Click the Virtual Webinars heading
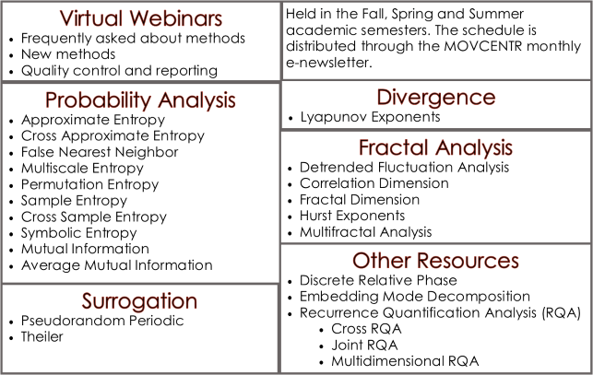(x=141, y=18)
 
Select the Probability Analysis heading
(x=140, y=100)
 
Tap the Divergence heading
(x=436, y=97)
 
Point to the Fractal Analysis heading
(x=435, y=147)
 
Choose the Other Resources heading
(x=435, y=261)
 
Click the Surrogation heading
(x=139, y=301)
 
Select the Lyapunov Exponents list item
(x=370, y=117)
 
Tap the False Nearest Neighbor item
(x=100, y=152)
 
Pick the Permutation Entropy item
(x=89, y=184)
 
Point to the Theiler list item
(x=42, y=336)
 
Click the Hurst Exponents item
(x=352, y=216)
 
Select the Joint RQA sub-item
(x=364, y=346)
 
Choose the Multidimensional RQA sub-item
(x=405, y=361)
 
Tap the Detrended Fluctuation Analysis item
(x=404, y=167)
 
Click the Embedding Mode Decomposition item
(x=415, y=297)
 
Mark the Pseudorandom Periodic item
(x=102, y=321)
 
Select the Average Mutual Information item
(x=117, y=265)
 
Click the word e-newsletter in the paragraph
(x=329, y=63)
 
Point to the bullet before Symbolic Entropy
(x=12, y=234)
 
